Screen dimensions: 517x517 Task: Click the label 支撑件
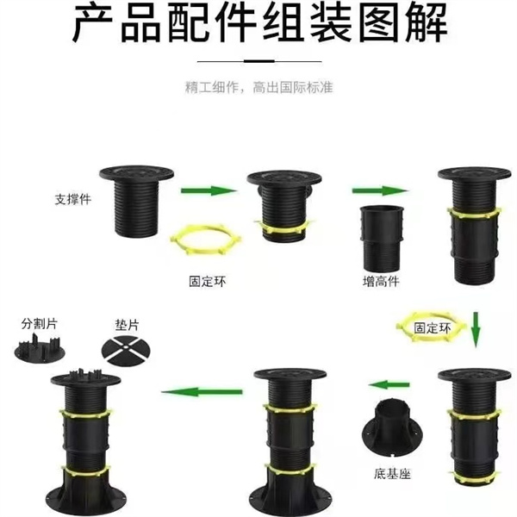click(73, 199)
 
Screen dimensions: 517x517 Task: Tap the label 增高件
click(381, 281)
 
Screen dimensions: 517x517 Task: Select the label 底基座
click(392, 474)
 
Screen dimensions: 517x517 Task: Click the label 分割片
click(40, 323)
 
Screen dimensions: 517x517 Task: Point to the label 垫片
click(128, 325)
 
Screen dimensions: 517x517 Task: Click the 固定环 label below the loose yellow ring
click(208, 281)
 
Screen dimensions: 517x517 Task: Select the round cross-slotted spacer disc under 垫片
click(126, 351)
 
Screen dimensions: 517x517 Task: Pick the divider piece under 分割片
click(40, 349)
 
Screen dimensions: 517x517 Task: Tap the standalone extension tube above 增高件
click(382, 239)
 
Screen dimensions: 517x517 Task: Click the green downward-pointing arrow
click(475, 329)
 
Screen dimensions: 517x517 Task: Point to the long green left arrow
click(202, 392)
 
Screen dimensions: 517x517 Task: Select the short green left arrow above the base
click(389, 384)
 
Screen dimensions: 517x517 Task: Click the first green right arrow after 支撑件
click(209, 190)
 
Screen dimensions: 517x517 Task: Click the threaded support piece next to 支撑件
click(136, 201)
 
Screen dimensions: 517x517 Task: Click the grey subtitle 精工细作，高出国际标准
click(258, 87)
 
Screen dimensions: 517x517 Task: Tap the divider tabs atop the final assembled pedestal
click(86, 375)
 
